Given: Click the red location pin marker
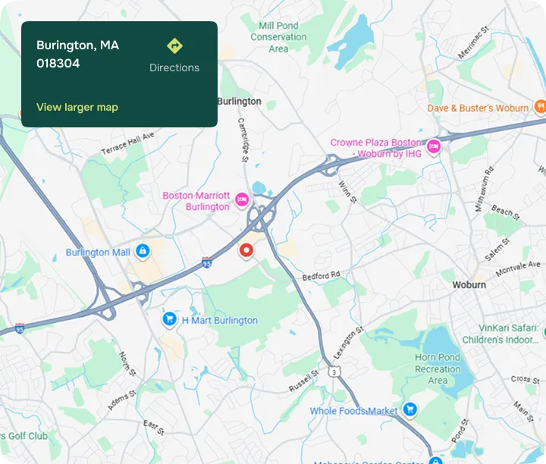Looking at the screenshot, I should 246,251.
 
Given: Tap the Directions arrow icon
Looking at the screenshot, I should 174,45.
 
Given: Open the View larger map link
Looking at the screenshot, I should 77,107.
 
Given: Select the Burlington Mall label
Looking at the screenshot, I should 98,252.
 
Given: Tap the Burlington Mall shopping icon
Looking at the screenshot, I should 143,252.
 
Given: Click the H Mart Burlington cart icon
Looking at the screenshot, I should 170,320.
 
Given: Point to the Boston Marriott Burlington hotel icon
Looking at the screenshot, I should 242,200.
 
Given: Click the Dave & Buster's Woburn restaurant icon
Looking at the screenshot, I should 539,108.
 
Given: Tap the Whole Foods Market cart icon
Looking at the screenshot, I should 410,410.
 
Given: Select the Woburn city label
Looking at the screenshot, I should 469,285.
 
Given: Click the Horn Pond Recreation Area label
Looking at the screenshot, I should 438,368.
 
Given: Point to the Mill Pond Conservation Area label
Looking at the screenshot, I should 278,37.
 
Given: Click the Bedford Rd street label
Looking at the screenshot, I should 321,276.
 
